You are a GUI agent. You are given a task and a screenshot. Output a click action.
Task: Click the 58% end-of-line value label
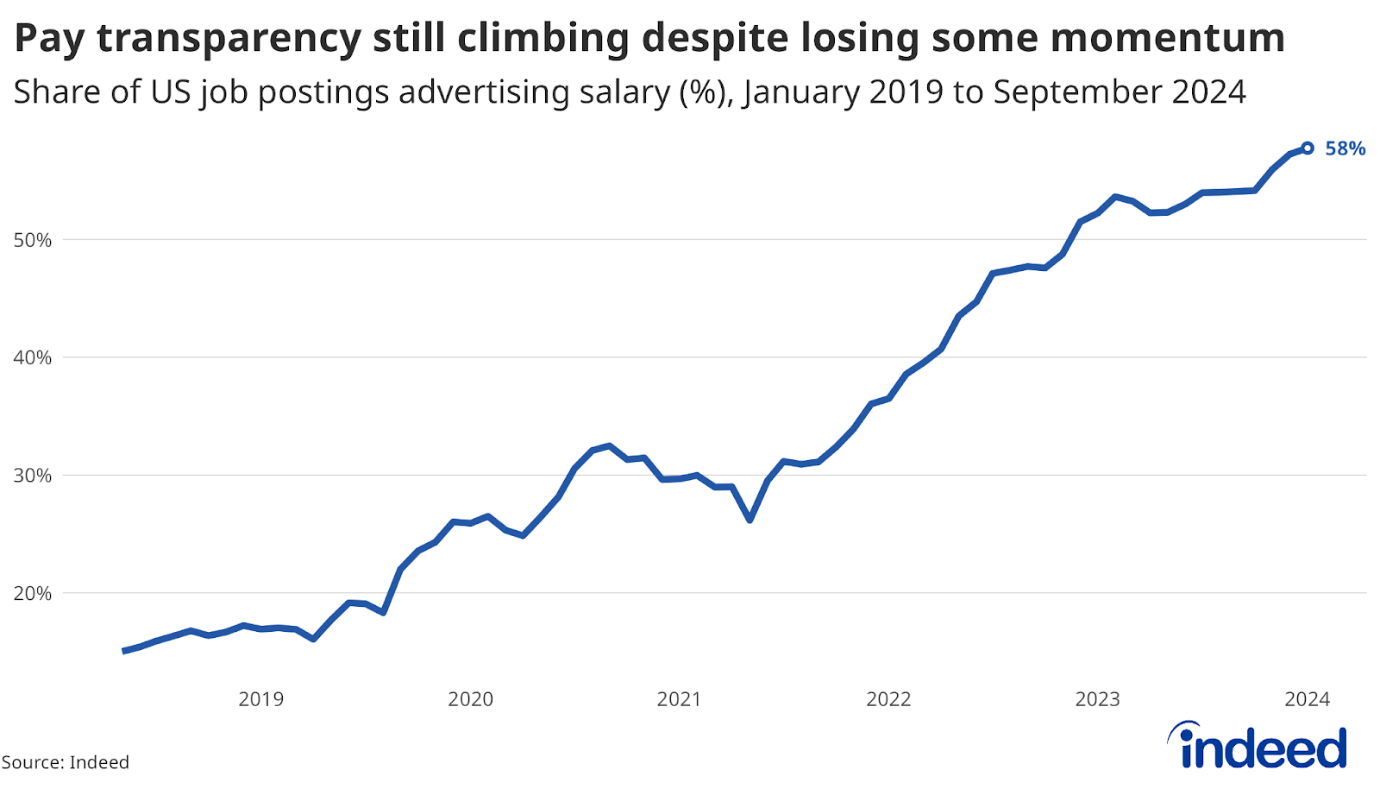pyautogui.click(x=1345, y=148)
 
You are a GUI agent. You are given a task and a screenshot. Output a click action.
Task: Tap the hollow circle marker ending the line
pyautogui.click(x=1308, y=148)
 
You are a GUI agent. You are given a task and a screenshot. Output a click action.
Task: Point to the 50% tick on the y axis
pyautogui.click(x=33, y=240)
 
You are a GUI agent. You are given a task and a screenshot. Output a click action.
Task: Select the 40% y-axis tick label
pyautogui.click(x=33, y=357)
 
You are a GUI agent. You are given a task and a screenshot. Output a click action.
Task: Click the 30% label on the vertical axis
pyautogui.click(x=33, y=476)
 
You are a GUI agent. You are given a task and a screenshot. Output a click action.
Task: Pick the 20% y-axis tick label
pyautogui.click(x=33, y=593)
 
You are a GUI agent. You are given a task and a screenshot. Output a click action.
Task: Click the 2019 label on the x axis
pyautogui.click(x=260, y=699)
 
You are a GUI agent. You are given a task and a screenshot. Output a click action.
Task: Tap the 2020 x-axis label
pyautogui.click(x=470, y=699)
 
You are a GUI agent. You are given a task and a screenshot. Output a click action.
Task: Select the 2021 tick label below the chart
pyautogui.click(x=679, y=699)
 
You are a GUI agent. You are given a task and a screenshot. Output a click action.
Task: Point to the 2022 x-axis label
pyautogui.click(x=888, y=699)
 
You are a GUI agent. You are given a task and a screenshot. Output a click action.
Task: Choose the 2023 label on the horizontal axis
pyautogui.click(x=1097, y=699)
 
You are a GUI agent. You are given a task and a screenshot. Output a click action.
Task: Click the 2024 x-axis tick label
pyautogui.click(x=1307, y=699)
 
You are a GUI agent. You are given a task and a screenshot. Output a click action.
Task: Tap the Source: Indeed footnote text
pyautogui.click(x=66, y=762)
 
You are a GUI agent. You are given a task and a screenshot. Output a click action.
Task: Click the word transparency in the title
pyautogui.click(x=229, y=39)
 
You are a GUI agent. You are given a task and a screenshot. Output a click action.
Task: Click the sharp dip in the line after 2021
pyautogui.click(x=750, y=520)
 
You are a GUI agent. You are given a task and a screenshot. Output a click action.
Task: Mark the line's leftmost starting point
pyautogui.click(x=124, y=651)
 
